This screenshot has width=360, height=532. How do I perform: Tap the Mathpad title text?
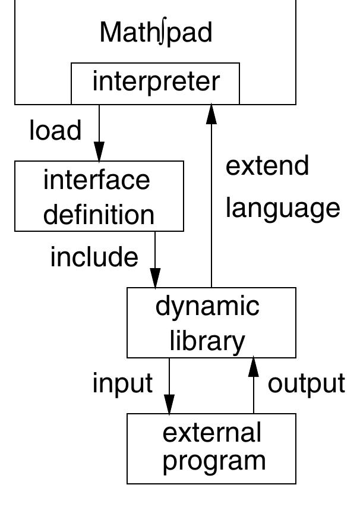click(156, 33)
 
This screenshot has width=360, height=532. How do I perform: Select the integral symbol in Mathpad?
click(163, 33)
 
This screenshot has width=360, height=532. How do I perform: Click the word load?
click(55, 130)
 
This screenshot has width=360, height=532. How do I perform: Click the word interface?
click(97, 180)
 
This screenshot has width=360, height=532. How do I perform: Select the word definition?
click(99, 215)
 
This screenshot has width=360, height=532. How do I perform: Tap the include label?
click(94, 257)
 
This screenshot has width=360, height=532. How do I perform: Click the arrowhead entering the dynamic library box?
click(155, 278)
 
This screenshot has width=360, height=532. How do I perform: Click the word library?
click(207, 341)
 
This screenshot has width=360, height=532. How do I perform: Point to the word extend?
click(267, 166)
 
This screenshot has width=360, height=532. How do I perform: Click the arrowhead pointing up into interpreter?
click(211, 114)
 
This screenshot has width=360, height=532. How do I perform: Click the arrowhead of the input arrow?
click(169, 404)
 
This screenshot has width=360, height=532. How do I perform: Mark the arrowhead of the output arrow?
click(254, 367)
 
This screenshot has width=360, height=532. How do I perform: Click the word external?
click(212, 433)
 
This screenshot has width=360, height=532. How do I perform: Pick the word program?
click(214, 462)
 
